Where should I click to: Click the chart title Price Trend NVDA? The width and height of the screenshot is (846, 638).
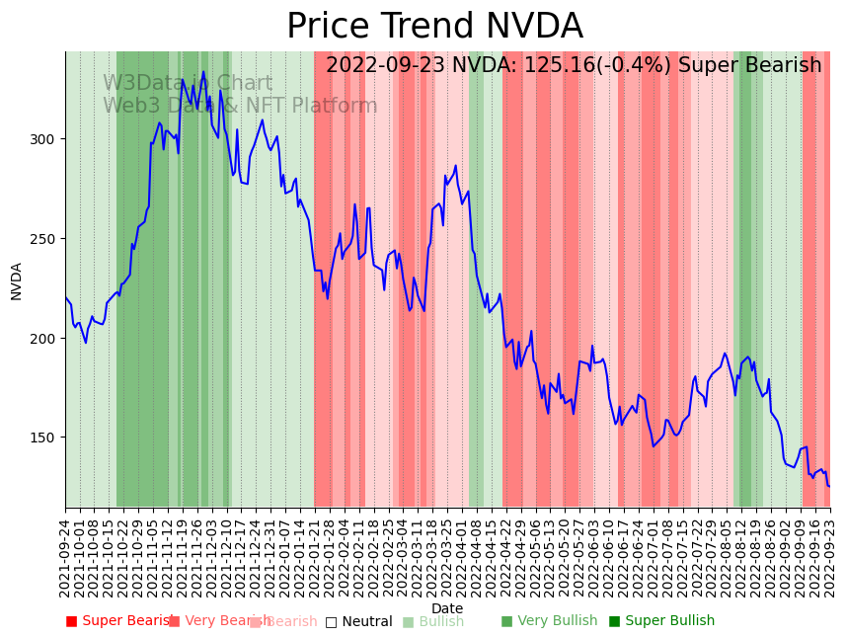pyautogui.click(x=434, y=27)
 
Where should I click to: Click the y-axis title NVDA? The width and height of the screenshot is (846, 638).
pyautogui.click(x=17, y=280)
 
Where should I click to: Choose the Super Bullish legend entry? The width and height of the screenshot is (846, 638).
pyautogui.click(x=661, y=621)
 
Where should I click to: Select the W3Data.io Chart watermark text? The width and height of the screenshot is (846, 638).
pyautogui.click(x=188, y=84)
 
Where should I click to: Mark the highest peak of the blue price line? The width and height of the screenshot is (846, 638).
pyautogui.click(x=203, y=71)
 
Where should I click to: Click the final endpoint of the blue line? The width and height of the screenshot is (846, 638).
pyautogui.click(x=829, y=486)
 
